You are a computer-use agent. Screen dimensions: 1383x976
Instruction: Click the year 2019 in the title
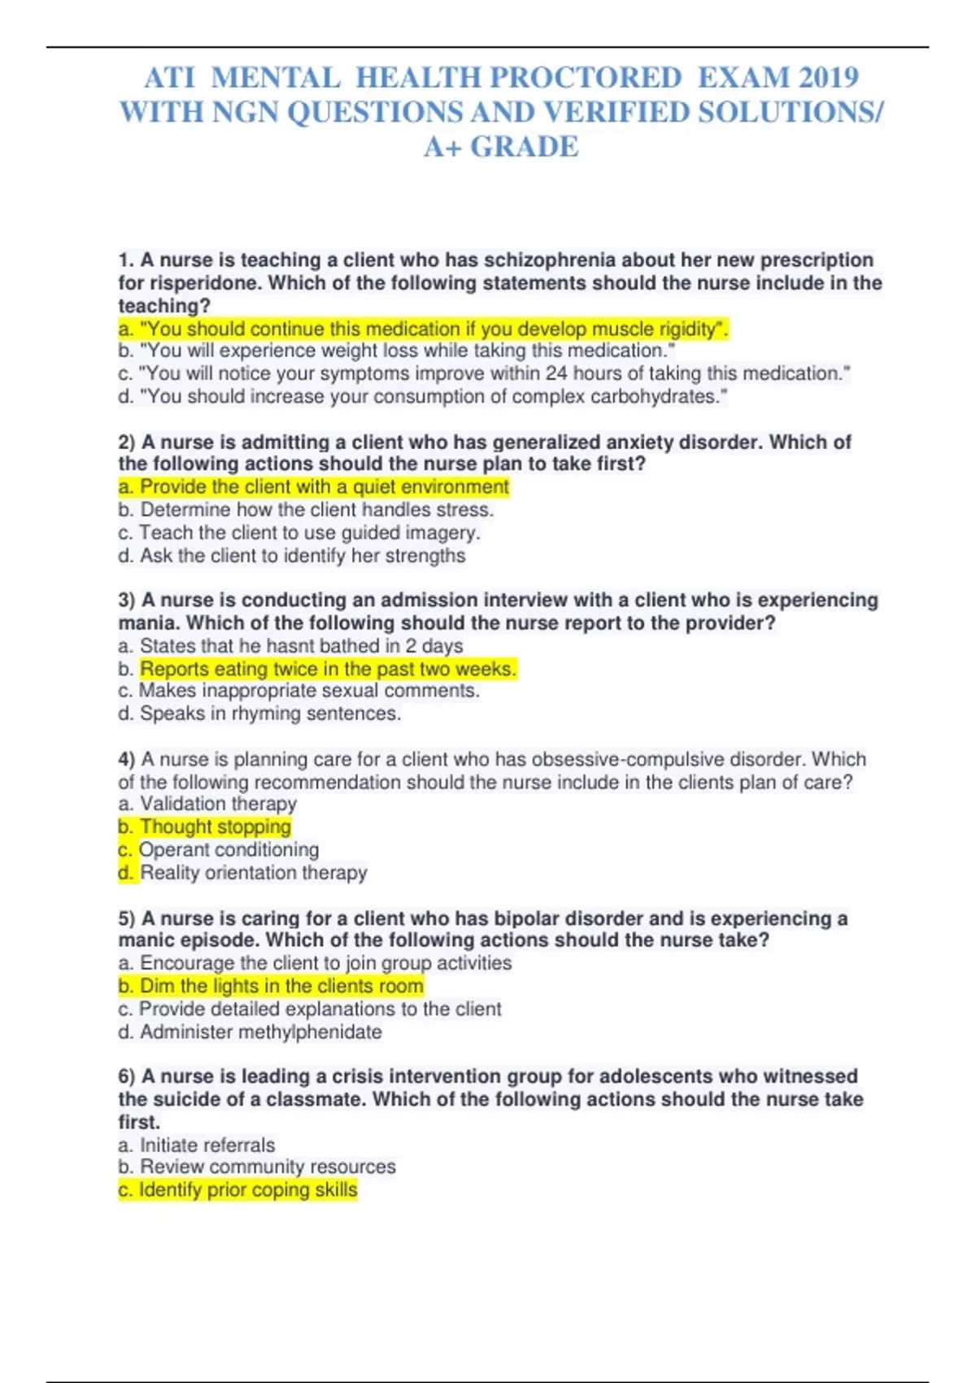(828, 77)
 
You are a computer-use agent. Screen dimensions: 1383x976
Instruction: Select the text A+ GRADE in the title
(501, 146)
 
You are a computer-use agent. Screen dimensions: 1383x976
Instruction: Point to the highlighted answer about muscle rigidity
(423, 329)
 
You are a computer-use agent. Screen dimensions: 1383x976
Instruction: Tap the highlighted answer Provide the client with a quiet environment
(314, 486)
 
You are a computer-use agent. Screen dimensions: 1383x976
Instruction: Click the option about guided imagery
(309, 533)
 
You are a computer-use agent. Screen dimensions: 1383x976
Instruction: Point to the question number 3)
(127, 600)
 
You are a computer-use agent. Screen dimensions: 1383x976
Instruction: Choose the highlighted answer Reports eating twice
(328, 669)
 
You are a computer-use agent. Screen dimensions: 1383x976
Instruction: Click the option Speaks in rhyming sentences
(270, 713)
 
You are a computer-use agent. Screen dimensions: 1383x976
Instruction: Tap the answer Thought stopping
(215, 827)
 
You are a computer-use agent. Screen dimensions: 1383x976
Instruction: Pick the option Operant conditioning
(229, 849)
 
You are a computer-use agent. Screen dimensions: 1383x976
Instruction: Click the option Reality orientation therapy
(253, 872)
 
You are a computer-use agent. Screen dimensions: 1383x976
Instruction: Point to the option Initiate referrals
(207, 1145)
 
